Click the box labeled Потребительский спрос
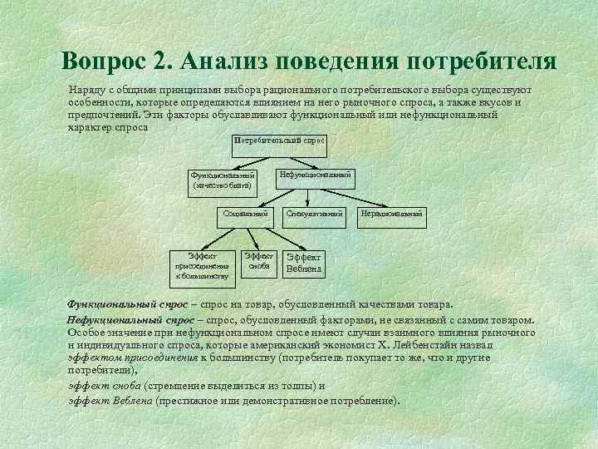click(x=279, y=141)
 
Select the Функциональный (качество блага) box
click(x=222, y=180)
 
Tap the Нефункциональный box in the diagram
click(x=316, y=175)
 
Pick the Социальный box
click(x=246, y=215)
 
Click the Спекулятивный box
click(x=314, y=215)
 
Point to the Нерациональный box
click(x=391, y=215)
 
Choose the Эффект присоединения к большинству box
click(x=202, y=265)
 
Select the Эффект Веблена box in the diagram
click(x=304, y=264)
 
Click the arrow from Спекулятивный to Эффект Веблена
click(x=310, y=236)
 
